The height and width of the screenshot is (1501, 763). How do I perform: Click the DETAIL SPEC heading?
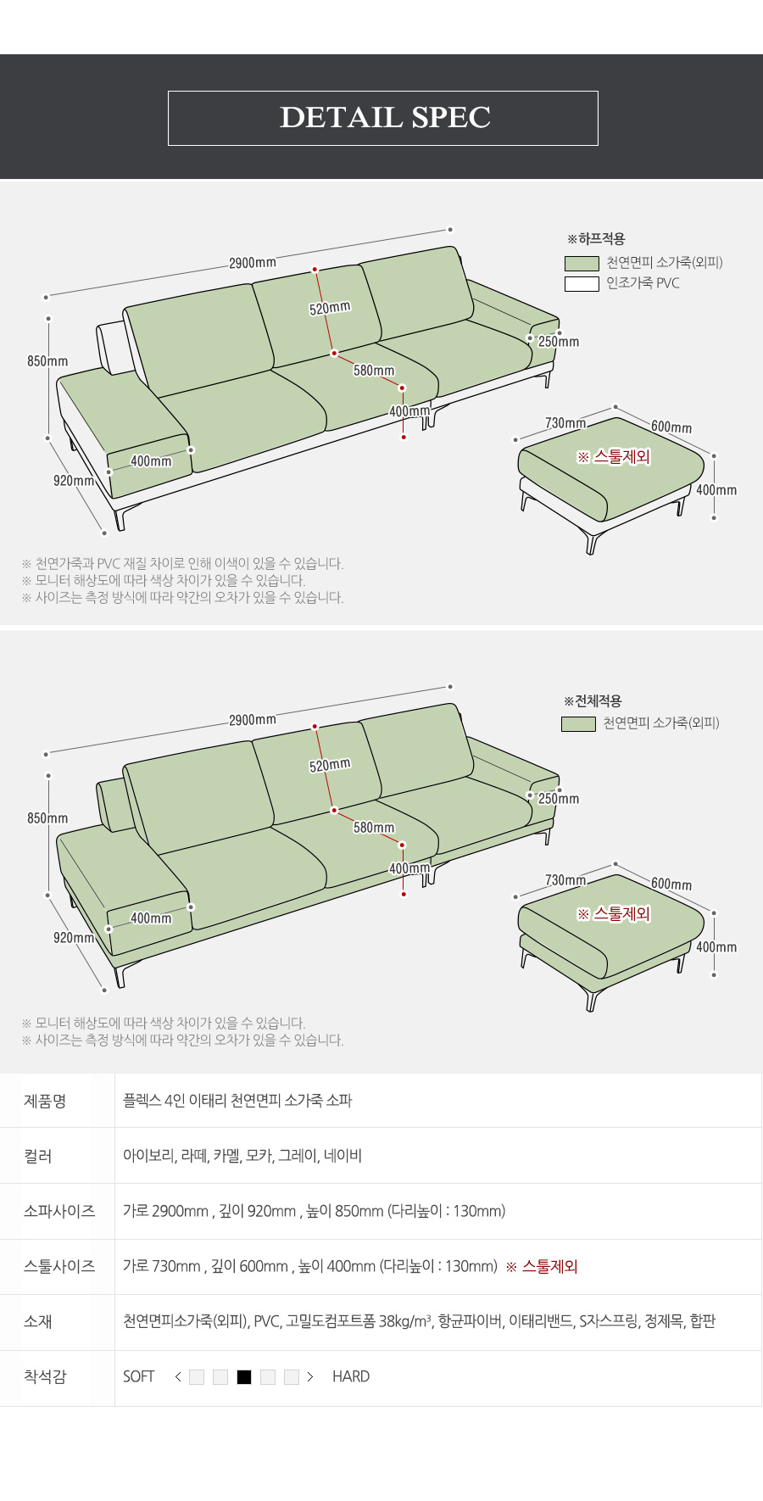(x=385, y=117)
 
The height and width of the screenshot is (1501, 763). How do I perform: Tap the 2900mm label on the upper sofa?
(x=253, y=263)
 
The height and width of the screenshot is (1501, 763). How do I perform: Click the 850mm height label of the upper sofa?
(x=47, y=361)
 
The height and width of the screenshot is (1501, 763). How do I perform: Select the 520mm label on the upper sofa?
(x=330, y=308)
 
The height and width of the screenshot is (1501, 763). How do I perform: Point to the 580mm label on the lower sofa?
(x=374, y=828)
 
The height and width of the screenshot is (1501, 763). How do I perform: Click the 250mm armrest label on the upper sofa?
(x=559, y=342)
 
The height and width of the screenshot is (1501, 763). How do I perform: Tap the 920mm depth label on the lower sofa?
(x=74, y=938)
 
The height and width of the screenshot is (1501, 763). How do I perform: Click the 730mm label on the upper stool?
(x=565, y=423)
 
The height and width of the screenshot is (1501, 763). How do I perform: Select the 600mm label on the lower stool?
(x=671, y=884)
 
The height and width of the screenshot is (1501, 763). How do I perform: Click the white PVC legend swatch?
(x=582, y=284)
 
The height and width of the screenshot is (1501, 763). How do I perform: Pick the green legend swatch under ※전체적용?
(x=578, y=724)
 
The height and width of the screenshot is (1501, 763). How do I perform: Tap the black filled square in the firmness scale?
(x=244, y=1377)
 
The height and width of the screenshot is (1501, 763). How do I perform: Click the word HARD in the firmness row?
(x=351, y=1376)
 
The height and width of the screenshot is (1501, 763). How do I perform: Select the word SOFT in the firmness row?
(x=139, y=1376)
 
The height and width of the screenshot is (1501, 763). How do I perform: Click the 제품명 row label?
(x=45, y=1101)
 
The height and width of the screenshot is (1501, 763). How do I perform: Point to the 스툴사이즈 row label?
(x=59, y=1266)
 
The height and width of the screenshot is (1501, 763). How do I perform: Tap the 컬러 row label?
(x=38, y=1156)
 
